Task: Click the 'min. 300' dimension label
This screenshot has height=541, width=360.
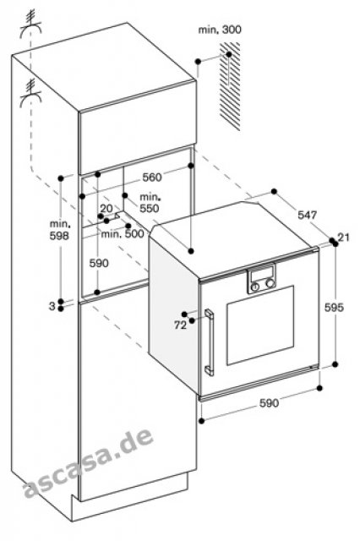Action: tap(220, 30)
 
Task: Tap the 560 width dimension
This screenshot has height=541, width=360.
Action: tap(152, 178)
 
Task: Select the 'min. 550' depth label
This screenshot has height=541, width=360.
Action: tap(150, 203)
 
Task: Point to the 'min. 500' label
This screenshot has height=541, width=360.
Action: tap(123, 234)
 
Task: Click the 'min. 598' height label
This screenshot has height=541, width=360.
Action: tap(60, 230)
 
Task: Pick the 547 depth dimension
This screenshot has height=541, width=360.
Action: tap(307, 216)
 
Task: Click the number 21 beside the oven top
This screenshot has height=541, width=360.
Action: tap(343, 238)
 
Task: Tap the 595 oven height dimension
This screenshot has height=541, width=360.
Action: tap(334, 307)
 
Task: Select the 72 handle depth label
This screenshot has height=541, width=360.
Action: tap(180, 325)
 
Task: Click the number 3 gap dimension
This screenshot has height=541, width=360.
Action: tap(52, 306)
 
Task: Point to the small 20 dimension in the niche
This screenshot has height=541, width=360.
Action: tap(106, 209)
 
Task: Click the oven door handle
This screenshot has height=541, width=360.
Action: tap(210, 342)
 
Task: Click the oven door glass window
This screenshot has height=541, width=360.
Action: tap(260, 325)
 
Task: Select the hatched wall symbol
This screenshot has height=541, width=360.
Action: tap(230, 86)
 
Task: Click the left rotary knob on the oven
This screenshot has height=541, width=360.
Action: tap(255, 287)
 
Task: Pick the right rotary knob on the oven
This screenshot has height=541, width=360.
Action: tap(270, 283)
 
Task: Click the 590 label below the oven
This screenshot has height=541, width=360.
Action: tap(269, 402)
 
